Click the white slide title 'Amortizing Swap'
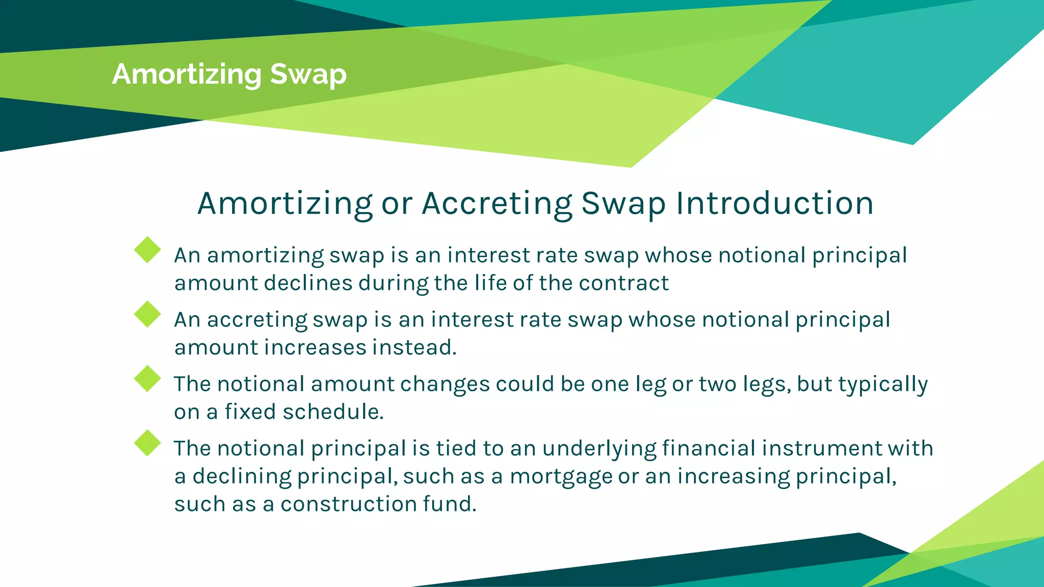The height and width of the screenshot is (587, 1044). pyautogui.click(x=229, y=74)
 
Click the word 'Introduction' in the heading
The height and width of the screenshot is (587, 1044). pyautogui.click(x=775, y=203)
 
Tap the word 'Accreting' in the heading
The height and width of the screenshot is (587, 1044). pyautogui.click(x=498, y=203)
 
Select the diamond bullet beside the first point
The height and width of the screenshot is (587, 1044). pyautogui.click(x=147, y=250)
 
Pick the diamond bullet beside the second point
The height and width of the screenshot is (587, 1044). pyautogui.click(x=147, y=314)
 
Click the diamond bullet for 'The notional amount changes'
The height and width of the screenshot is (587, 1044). pyautogui.click(x=147, y=379)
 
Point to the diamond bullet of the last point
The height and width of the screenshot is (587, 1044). pyautogui.click(x=147, y=443)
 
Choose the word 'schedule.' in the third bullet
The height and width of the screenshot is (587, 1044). pyautogui.click(x=333, y=412)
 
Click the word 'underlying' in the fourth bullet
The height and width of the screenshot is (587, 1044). pyautogui.click(x=599, y=449)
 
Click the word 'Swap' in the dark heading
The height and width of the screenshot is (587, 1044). pyautogui.click(x=623, y=203)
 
